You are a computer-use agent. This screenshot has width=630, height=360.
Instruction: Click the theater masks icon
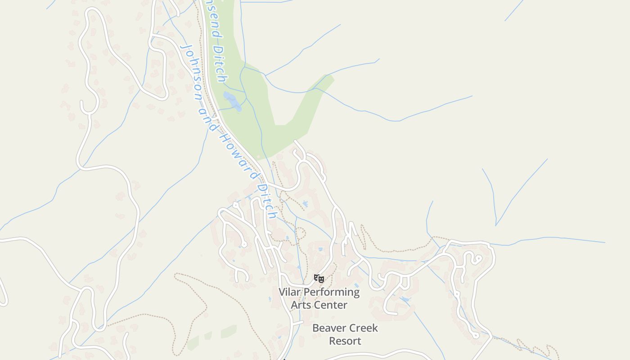point(319,279)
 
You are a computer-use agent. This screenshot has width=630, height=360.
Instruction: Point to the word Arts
point(300,305)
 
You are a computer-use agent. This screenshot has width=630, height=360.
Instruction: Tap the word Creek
point(362,328)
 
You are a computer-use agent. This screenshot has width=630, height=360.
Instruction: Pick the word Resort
point(345,341)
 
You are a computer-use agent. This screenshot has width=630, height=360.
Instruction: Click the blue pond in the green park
point(233,101)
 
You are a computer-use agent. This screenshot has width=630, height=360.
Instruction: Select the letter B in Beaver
point(316,328)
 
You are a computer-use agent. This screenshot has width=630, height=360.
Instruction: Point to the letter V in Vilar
point(282,292)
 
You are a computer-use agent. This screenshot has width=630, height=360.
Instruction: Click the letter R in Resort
point(333,341)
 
